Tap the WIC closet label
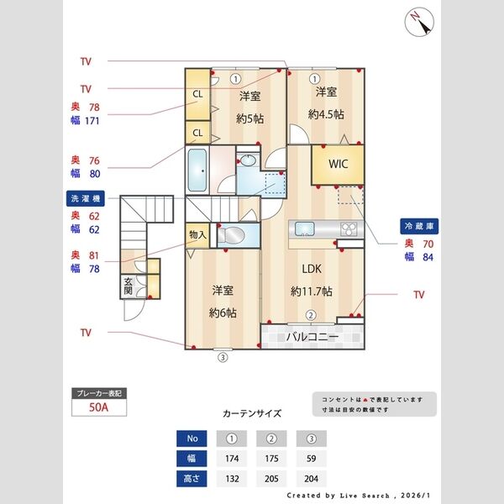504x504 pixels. click(338, 163)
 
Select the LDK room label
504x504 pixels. click(312, 269)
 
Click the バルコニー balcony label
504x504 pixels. click(312, 338)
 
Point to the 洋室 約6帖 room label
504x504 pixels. click(222, 301)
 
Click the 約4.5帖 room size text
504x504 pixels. click(326, 114)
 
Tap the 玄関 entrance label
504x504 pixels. click(129, 286)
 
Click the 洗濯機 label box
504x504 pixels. click(85, 198)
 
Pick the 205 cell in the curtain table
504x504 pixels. click(272, 479)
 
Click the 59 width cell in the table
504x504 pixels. click(311, 459)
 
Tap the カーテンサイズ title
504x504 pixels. click(252, 414)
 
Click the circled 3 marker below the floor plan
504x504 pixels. click(223, 356)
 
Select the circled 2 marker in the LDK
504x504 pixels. click(310, 316)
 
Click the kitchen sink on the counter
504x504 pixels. click(303, 228)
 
